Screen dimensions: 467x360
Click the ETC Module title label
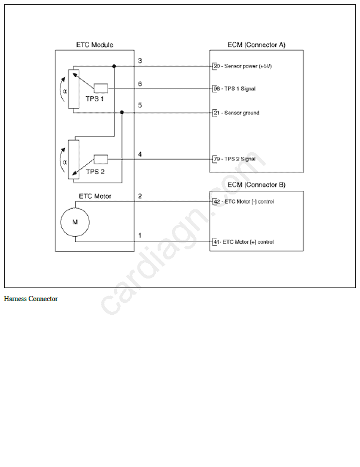[x=94, y=45]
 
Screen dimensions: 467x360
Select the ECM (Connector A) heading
[x=257, y=45]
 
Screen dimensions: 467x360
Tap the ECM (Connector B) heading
[x=257, y=185]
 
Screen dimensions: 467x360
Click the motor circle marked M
[x=75, y=221]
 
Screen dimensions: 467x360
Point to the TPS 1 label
[x=94, y=99]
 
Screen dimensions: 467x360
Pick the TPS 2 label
[x=96, y=172]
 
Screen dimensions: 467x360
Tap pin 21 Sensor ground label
[x=236, y=113]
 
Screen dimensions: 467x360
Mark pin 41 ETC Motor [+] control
[x=243, y=242]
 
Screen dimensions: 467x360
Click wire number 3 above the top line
[x=140, y=61]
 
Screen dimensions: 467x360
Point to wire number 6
[x=140, y=84]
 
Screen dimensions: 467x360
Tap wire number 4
[x=140, y=154]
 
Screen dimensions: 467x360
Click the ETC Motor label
[x=94, y=196]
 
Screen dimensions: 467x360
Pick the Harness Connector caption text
[x=31, y=299]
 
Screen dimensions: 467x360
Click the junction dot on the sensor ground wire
[x=122, y=113]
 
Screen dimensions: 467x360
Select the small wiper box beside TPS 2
[x=100, y=159]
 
